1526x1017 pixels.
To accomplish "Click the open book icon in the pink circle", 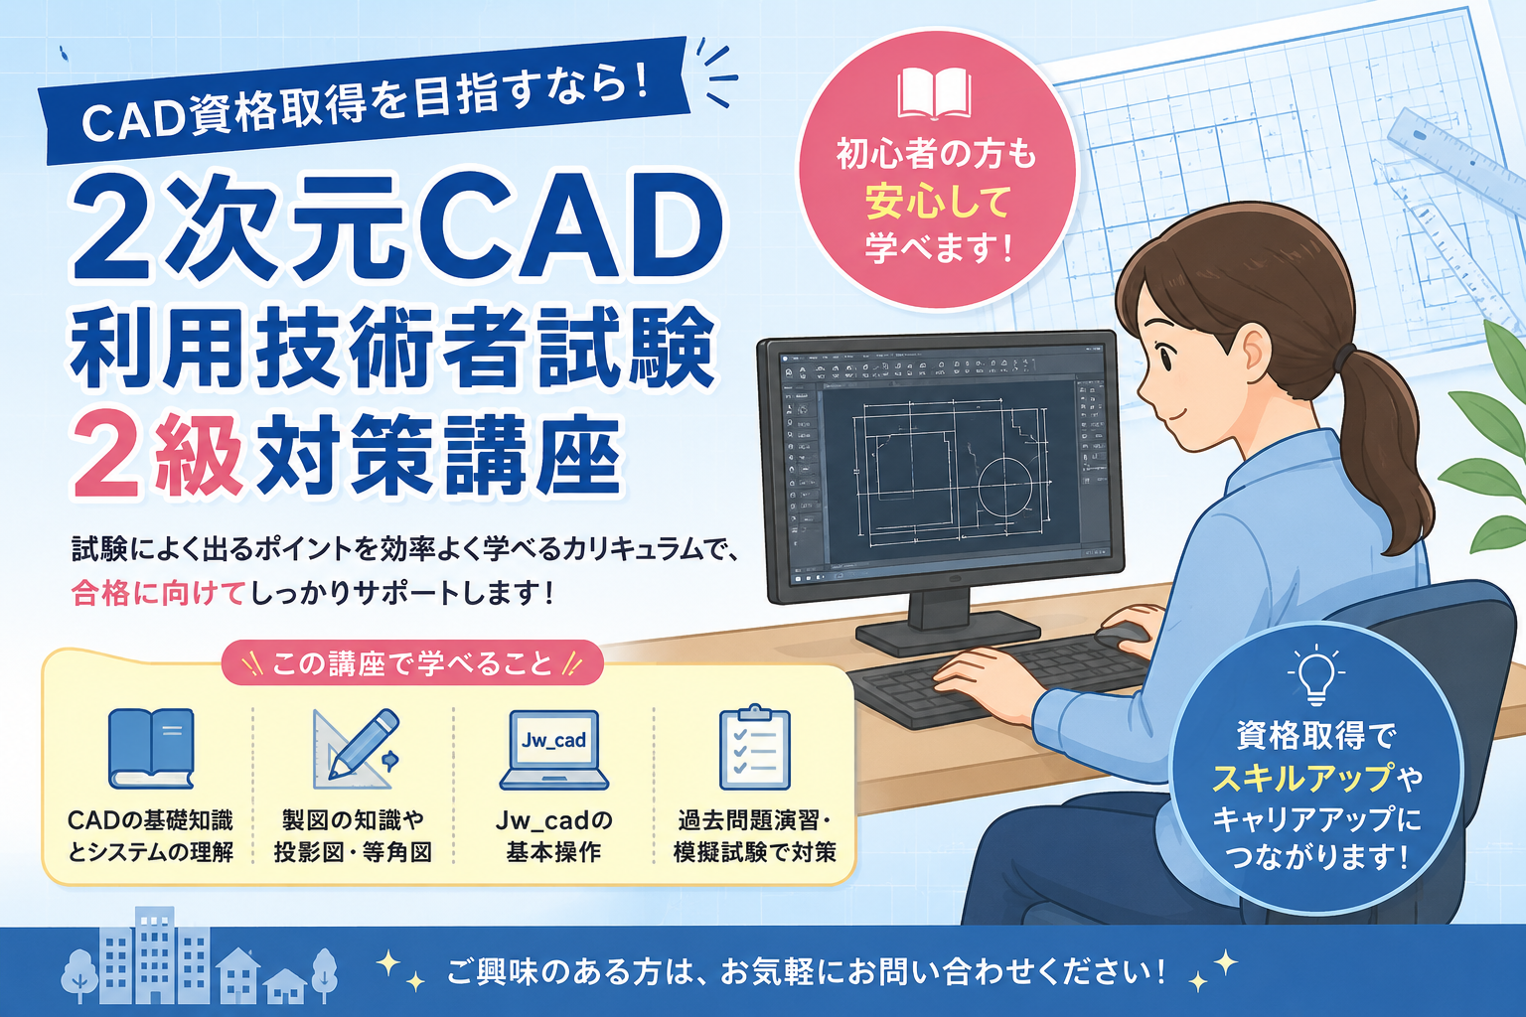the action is coord(934,93).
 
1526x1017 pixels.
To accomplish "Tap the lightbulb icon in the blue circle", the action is coord(1315,673).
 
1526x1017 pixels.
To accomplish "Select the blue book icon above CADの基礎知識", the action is coord(151,749).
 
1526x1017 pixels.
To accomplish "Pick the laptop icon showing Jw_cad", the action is coord(553,749).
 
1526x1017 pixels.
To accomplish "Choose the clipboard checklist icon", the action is coord(755,747).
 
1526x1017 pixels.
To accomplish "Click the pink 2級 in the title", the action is coord(158,455).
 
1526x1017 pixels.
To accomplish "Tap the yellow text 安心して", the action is coord(938,202).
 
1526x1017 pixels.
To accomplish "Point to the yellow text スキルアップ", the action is coord(1301,777).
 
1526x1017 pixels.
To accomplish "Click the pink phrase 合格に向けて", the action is coord(158,593).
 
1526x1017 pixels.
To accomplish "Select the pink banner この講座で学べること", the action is coord(412,662).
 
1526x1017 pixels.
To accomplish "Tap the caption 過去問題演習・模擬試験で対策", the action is coord(755,836).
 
